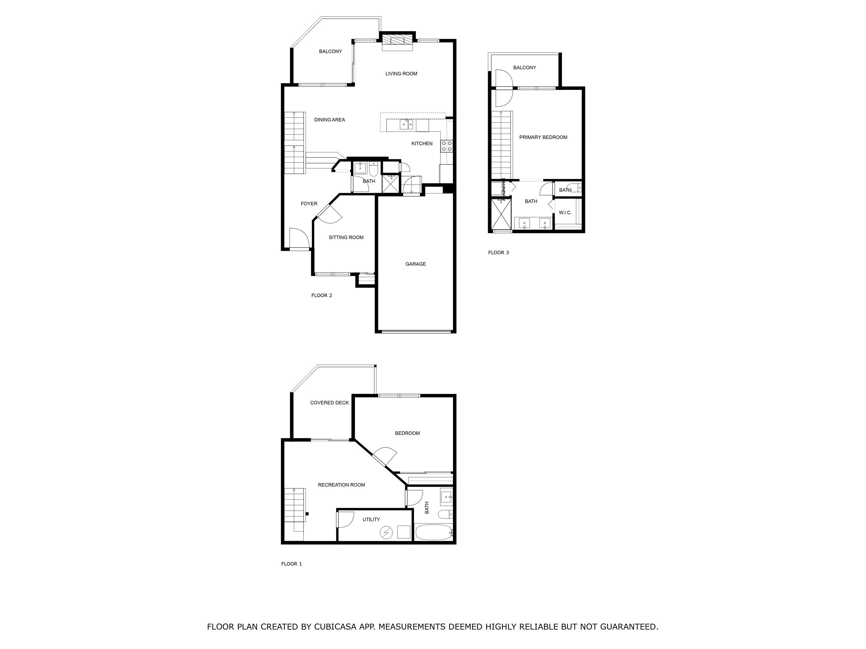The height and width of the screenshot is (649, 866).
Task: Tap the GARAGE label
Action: pyautogui.click(x=416, y=264)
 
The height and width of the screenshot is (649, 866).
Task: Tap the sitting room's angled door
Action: pyautogui.click(x=330, y=216)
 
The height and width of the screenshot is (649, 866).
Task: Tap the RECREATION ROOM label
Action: pyautogui.click(x=341, y=485)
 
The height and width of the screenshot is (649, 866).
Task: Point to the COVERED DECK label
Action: pyautogui.click(x=329, y=403)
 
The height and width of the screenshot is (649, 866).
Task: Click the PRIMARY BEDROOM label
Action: pyautogui.click(x=543, y=137)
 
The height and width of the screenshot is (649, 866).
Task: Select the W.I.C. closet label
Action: pyautogui.click(x=565, y=213)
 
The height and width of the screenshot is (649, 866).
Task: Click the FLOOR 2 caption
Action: pyautogui.click(x=321, y=295)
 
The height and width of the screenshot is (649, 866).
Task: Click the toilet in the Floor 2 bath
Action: pyautogui.click(x=373, y=169)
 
